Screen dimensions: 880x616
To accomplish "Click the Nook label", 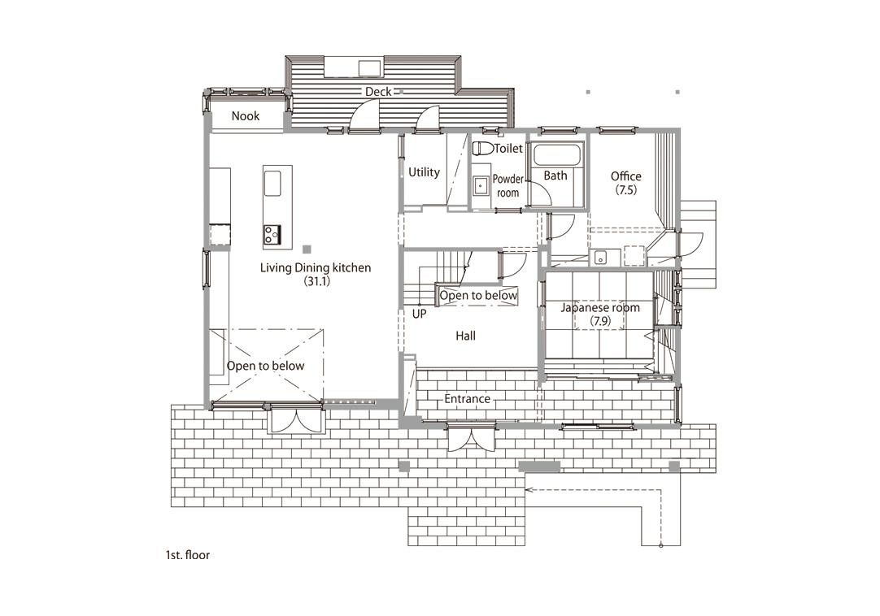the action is click(246, 116).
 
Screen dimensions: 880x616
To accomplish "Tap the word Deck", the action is click(378, 92).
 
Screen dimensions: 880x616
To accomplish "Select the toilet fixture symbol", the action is click(482, 148).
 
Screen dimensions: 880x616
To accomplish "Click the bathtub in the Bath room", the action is click(559, 154).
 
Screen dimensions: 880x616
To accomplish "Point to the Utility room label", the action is click(424, 172).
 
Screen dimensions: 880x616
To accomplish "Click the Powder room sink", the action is click(481, 186).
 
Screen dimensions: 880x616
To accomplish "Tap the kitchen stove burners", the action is click(272, 234).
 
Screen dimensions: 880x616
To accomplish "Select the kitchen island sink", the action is click(272, 184).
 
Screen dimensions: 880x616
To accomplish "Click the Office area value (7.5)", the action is click(625, 189).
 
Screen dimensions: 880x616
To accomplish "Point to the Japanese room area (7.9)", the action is click(600, 322).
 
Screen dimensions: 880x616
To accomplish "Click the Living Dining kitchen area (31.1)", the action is click(316, 281).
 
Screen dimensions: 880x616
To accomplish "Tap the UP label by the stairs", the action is click(419, 315).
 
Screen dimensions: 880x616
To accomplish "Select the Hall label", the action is click(465, 336).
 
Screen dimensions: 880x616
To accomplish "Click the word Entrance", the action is click(468, 399).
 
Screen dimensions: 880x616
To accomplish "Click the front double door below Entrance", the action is click(472, 437).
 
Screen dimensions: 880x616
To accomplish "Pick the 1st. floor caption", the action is click(187, 555).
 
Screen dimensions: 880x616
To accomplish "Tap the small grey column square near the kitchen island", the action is click(307, 249).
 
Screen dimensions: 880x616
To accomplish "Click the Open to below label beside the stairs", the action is click(478, 295).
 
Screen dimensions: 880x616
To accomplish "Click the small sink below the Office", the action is click(600, 258).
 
